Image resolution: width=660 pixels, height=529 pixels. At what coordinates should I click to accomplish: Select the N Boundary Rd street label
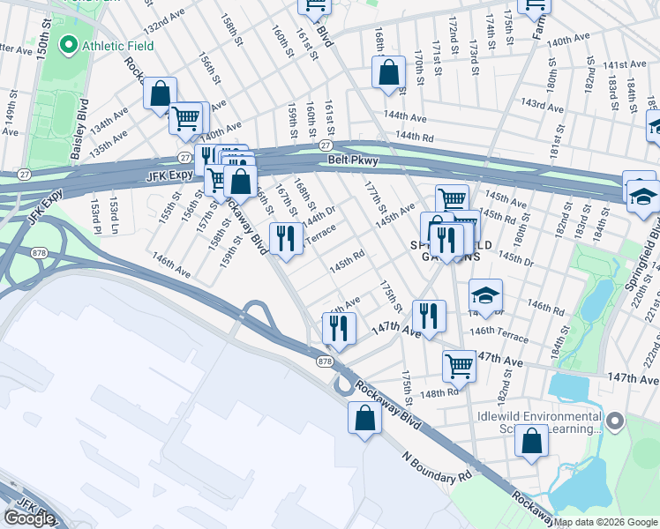pos(438,468)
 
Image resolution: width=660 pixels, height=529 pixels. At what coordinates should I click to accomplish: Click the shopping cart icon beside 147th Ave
pos(459,364)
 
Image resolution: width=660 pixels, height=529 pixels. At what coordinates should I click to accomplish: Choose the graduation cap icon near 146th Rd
pos(484,298)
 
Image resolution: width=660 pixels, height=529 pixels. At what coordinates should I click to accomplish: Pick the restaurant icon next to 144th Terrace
pos(286,239)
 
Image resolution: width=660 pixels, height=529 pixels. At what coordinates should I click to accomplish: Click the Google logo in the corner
pos(29,518)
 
